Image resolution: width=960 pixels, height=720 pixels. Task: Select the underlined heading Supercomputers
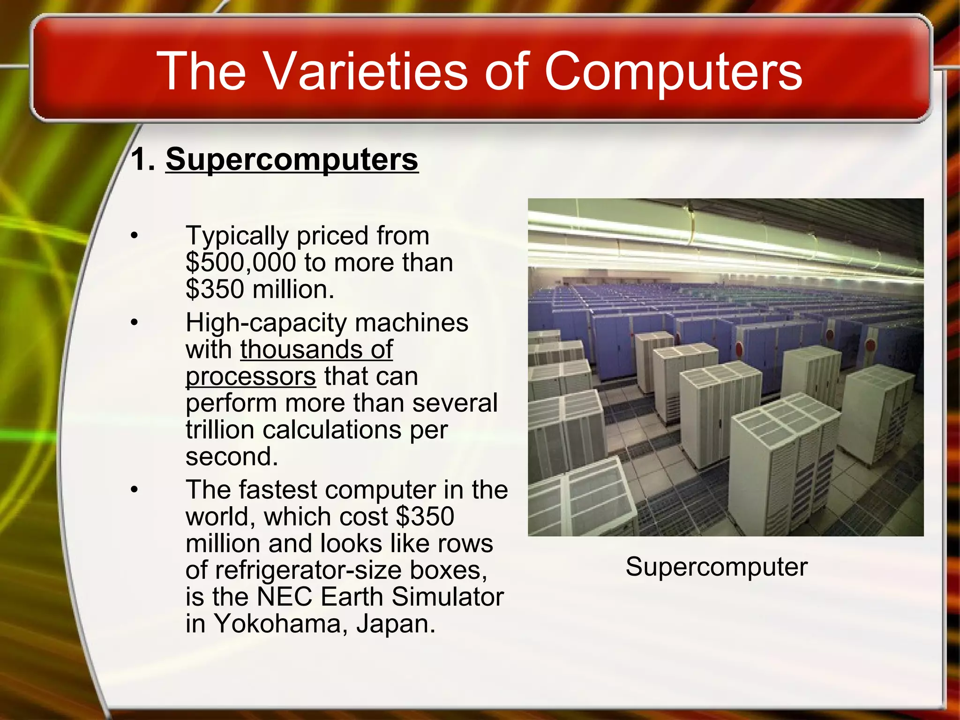point(292,159)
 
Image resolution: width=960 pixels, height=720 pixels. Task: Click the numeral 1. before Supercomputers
point(143,159)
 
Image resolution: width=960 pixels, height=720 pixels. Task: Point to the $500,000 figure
point(240,262)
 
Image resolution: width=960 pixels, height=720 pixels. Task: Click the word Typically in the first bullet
point(237,236)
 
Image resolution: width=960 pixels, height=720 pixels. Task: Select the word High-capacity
point(266,323)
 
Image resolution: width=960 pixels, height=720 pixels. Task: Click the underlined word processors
point(251,377)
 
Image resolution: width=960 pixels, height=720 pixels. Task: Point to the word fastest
point(279,490)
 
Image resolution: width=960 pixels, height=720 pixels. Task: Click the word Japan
point(396,624)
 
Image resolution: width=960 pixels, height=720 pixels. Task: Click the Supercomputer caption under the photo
point(716,567)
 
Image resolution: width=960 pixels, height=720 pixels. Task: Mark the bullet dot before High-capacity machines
point(135,323)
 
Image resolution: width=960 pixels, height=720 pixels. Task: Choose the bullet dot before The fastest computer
point(135,490)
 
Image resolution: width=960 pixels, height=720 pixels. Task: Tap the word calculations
point(332,430)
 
